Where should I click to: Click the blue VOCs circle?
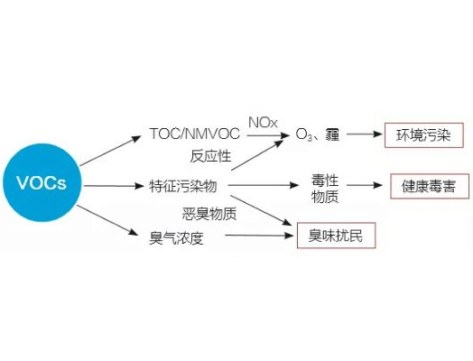[x=42, y=183]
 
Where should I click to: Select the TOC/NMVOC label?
[x=195, y=134]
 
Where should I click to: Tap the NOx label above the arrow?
[x=263, y=123]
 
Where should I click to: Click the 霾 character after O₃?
[x=332, y=134]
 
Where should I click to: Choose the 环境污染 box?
[x=424, y=135]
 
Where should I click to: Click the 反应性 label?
[x=210, y=156]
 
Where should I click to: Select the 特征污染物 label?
[x=183, y=186]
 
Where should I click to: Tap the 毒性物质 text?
[x=325, y=189]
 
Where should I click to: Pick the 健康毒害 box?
[x=430, y=186]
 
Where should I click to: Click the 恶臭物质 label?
[x=209, y=214]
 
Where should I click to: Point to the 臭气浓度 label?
[x=177, y=238]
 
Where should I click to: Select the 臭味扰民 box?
[x=336, y=236]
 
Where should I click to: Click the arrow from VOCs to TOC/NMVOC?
[x=110, y=151]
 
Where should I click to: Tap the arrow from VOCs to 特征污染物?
[x=114, y=186]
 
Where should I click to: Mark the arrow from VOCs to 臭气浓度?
[x=107, y=220]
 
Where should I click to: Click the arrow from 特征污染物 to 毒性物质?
[x=264, y=185]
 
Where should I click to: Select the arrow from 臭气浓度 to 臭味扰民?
[x=259, y=235]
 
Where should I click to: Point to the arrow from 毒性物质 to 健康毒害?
[x=365, y=185]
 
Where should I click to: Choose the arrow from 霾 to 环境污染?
[x=365, y=134]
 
